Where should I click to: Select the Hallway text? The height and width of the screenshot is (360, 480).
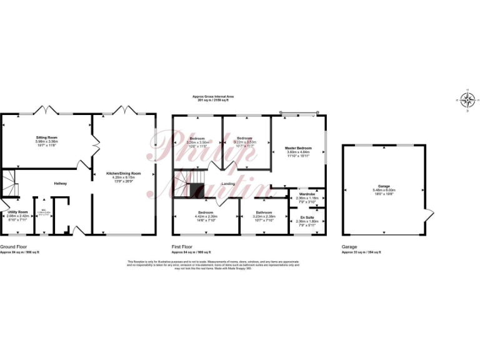[x=60, y=183]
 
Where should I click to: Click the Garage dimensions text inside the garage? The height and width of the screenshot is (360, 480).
[x=384, y=189]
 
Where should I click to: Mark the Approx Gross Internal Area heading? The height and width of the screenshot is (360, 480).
[x=213, y=98]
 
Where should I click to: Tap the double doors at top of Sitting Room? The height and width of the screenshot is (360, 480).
[x=47, y=111]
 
